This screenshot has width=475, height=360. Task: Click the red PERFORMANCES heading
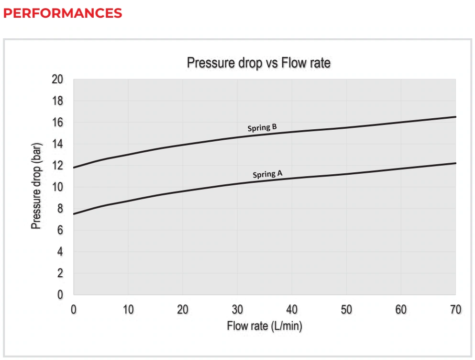[x=62, y=13]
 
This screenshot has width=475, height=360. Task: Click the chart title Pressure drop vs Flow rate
[x=259, y=63]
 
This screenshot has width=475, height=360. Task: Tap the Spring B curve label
[x=262, y=128]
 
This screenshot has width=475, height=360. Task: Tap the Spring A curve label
[x=267, y=174]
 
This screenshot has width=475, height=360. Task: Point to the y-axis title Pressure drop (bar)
[x=36, y=186]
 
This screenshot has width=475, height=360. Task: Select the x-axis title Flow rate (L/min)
[x=265, y=326]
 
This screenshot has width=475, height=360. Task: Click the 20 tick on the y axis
[x=57, y=79]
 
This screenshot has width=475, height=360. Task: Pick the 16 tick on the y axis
[x=57, y=123]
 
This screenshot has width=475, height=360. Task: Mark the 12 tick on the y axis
[x=57, y=166]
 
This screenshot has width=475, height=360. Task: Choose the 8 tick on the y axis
[x=60, y=209]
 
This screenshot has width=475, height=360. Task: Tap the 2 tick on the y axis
[x=60, y=273]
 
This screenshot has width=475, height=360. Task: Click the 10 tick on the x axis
[x=128, y=310]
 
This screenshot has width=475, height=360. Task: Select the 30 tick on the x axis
[x=237, y=310]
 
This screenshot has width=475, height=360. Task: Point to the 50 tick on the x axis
[x=346, y=310]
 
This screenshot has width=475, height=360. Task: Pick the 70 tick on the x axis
[x=455, y=310]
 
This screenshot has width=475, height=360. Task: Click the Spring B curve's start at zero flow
[x=74, y=168]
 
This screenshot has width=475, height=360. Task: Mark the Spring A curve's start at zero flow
[x=74, y=214]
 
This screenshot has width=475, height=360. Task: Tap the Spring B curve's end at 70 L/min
[x=455, y=117]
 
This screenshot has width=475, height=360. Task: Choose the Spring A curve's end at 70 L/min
[x=455, y=163]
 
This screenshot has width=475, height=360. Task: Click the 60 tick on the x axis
[x=401, y=310]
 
